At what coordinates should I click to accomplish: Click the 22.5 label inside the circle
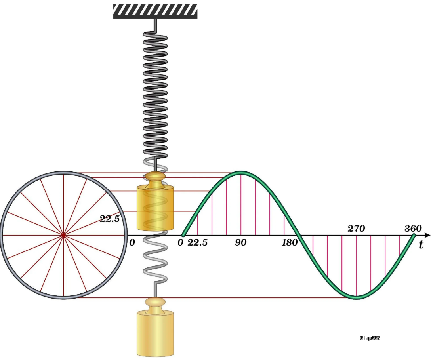tap(109, 219)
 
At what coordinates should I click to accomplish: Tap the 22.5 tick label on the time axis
tap(197, 242)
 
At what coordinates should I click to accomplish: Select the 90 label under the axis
tap(241, 242)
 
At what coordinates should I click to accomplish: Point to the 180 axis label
tap(290, 242)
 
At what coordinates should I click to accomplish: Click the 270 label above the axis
tap(356, 229)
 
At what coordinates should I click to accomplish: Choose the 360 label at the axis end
tap(413, 229)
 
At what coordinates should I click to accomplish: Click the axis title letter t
tap(421, 244)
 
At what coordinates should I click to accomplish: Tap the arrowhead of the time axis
tap(427, 235)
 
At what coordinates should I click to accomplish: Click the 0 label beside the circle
tap(132, 242)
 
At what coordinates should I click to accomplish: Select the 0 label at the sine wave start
tap(180, 242)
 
